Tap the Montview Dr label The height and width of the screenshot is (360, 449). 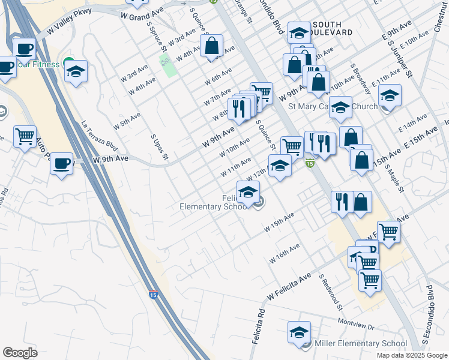(x=355, y=324)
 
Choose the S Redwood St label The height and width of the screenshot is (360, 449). (x=330, y=293)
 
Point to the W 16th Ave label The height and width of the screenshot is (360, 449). (x=285, y=253)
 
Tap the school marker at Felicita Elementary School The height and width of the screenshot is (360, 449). (x=247, y=193)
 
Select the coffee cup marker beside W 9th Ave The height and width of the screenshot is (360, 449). (x=61, y=163)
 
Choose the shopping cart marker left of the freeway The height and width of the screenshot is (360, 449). (x=25, y=137)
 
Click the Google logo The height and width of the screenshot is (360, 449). (x=20, y=353)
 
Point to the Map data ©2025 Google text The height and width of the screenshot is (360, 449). (x=411, y=355)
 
